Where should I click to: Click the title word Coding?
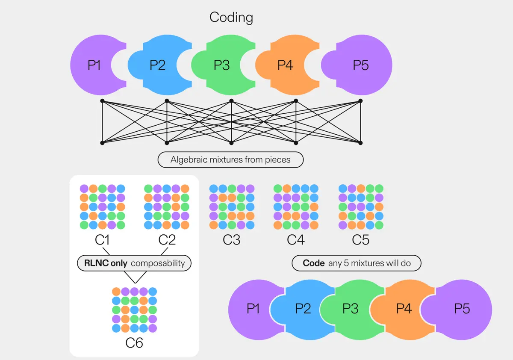pyautogui.click(x=231, y=18)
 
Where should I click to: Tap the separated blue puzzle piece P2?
pyautogui.click(x=157, y=65)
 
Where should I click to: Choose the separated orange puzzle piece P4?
pyautogui.click(x=285, y=65)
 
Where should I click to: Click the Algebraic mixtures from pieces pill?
pyautogui.click(x=230, y=160)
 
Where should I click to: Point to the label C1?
pyautogui.click(x=103, y=240)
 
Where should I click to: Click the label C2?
pyautogui.click(x=167, y=240)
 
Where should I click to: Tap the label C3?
pyautogui.click(x=232, y=240)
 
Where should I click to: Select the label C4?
pyautogui.click(x=296, y=240)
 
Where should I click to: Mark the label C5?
pyautogui.click(x=360, y=240)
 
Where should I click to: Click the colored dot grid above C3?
pyautogui.click(x=232, y=207)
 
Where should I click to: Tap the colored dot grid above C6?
pyautogui.click(x=134, y=310)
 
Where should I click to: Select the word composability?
pyautogui.click(x=158, y=263)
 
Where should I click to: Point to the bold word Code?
pyautogui.click(x=314, y=263)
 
